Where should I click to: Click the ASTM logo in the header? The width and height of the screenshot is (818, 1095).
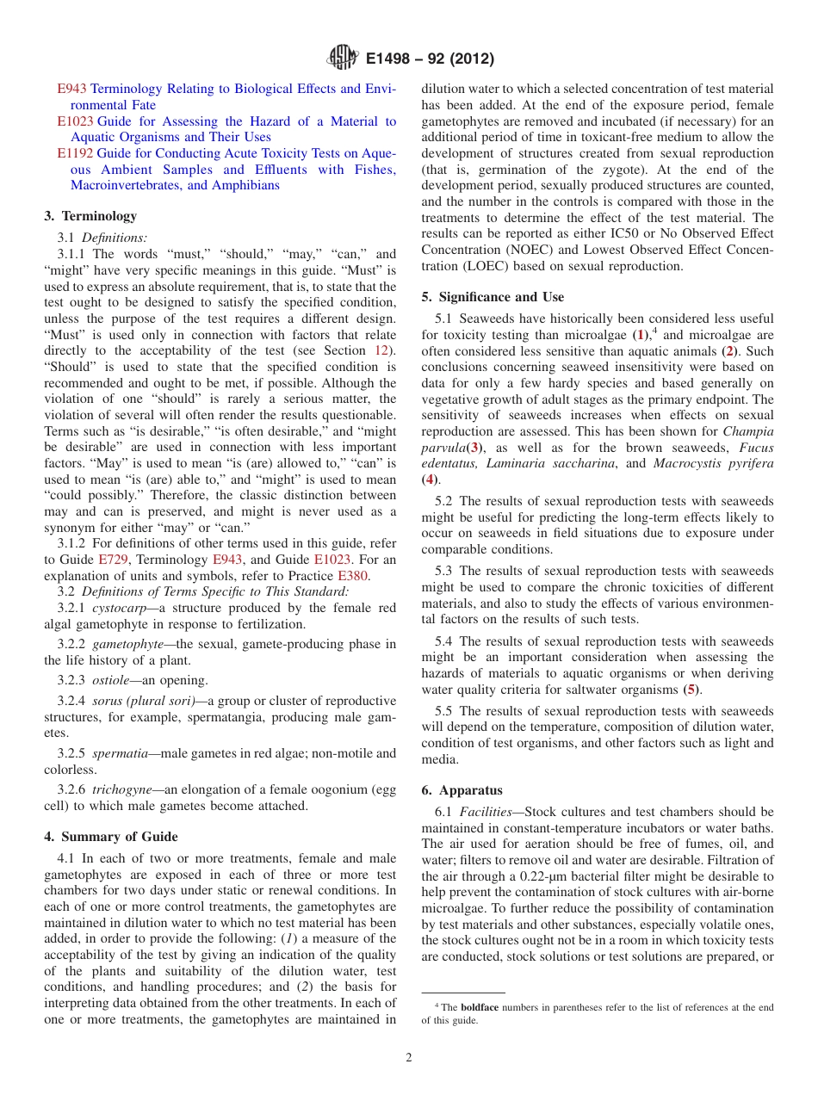tap(343, 59)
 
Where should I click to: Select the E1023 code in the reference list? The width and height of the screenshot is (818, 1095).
tap(76, 121)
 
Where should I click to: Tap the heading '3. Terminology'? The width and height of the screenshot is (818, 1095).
tap(90, 216)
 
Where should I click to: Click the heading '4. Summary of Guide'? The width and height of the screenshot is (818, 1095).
tap(111, 837)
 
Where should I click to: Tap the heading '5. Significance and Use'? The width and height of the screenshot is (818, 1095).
tap(493, 297)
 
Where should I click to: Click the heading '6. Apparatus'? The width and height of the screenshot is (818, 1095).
tap(462, 790)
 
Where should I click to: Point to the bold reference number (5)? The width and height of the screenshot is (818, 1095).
tap(691, 690)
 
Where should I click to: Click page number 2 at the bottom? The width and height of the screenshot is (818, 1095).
tap(409, 1058)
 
